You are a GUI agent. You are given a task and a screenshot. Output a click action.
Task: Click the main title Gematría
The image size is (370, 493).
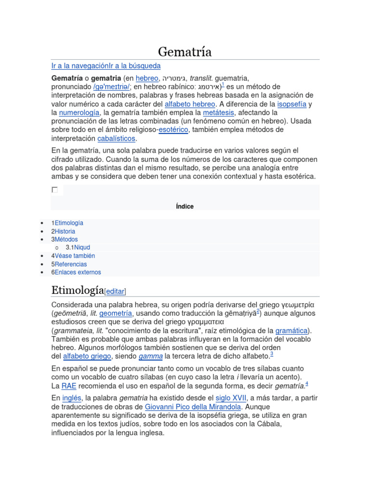pyautogui.click(x=185, y=52)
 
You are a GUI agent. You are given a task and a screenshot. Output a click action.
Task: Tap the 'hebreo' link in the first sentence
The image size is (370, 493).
pyautogui.click(x=147, y=78)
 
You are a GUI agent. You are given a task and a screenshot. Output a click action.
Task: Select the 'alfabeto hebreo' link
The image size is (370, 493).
pyautogui.click(x=190, y=104)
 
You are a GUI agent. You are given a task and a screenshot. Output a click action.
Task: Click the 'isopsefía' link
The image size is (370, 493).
pyautogui.click(x=291, y=104)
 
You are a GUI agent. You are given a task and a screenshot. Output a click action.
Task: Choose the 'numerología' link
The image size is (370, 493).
pyautogui.click(x=79, y=113)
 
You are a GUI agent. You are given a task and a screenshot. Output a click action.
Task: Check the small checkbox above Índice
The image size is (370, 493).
pyautogui.click(x=54, y=190)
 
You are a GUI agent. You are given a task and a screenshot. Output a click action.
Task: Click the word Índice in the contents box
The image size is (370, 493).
pyautogui.click(x=185, y=207)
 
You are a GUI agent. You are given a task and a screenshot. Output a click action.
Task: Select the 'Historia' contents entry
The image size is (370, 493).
pyautogui.click(x=65, y=231)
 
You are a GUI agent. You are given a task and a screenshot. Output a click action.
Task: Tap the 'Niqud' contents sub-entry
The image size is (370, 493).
pyautogui.click(x=82, y=247)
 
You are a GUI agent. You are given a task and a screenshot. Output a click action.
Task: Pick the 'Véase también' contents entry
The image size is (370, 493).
pyautogui.click(x=75, y=256)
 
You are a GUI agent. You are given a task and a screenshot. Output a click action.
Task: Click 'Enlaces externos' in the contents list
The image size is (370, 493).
pyautogui.click(x=78, y=272)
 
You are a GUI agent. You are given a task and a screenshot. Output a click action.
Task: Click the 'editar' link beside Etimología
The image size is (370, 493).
pyautogui.click(x=115, y=291)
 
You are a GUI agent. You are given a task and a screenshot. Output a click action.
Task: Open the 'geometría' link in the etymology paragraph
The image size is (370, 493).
pyautogui.click(x=116, y=313)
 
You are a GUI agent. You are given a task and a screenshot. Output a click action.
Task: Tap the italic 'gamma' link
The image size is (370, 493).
pyautogui.click(x=150, y=356)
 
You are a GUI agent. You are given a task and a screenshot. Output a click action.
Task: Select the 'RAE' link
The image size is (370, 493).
pyautogui.click(x=68, y=386)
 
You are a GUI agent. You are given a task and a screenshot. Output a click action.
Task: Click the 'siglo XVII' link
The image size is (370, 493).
pyautogui.click(x=231, y=398)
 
